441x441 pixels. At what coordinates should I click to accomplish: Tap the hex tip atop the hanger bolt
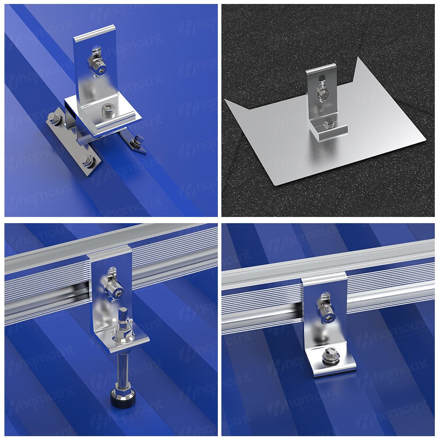pos(123,313)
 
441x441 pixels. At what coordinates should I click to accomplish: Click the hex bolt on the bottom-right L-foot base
pos(331,355)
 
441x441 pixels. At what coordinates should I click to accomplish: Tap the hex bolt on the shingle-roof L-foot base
pos(328,124)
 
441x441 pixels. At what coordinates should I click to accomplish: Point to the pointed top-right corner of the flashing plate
pos(358,57)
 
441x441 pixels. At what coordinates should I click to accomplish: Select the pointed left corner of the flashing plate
pos(224,99)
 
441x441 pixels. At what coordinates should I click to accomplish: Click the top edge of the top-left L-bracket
pos(94,31)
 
